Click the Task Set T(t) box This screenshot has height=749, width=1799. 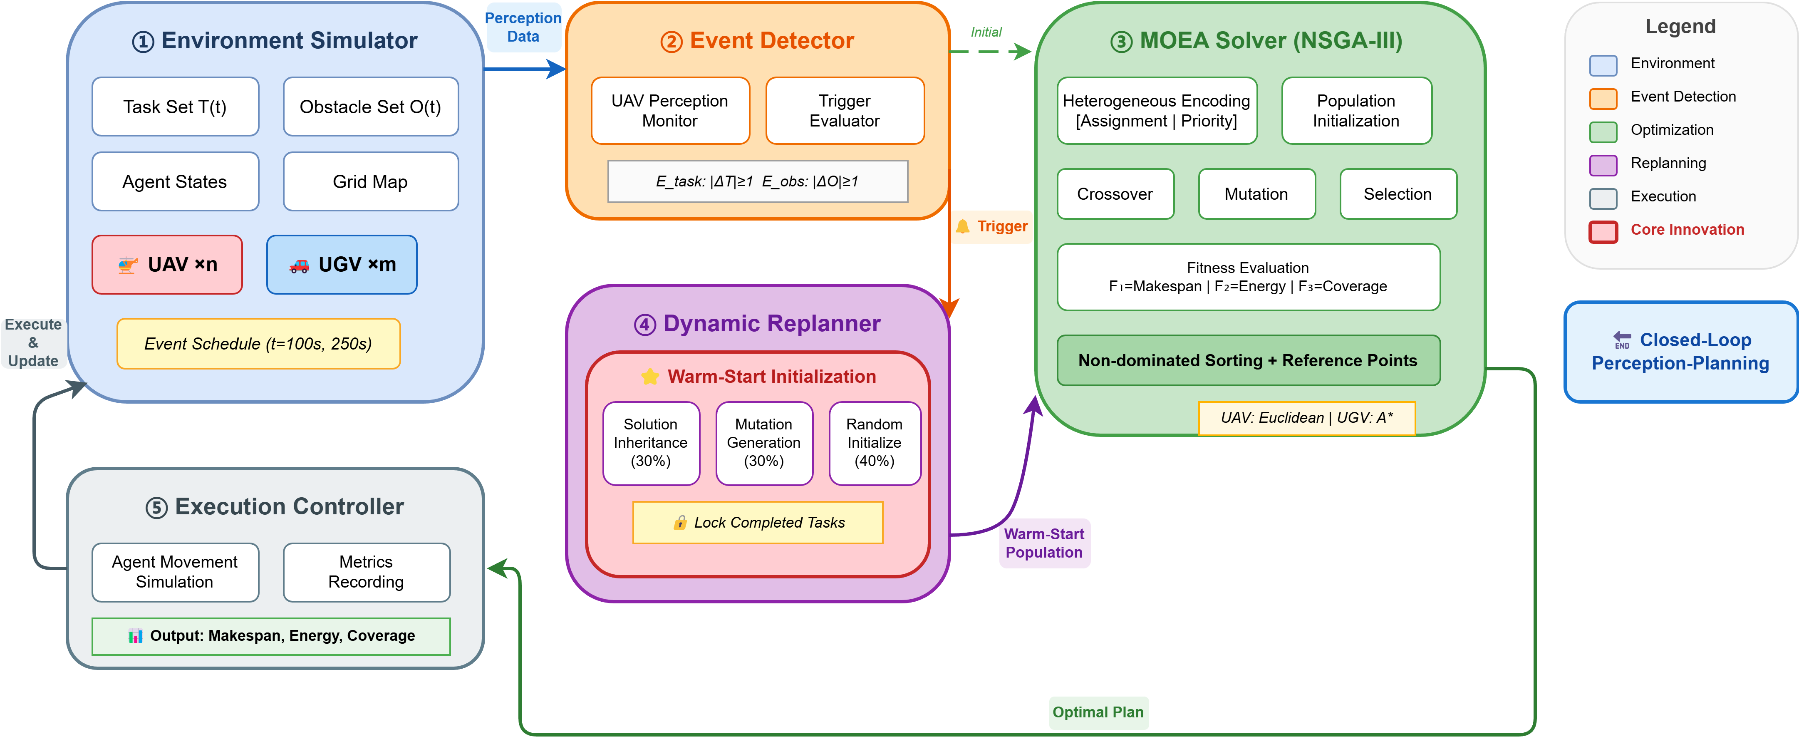point(175,107)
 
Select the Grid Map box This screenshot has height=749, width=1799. point(370,182)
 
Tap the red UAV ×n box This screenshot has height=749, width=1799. point(167,265)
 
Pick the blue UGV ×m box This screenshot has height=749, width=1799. point(342,265)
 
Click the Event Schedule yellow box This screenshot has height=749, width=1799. point(258,344)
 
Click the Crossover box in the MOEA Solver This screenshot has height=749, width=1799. point(1115,194)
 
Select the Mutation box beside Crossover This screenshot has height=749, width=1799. point(1256,194)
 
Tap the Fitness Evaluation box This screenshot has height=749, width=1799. point(1248,278)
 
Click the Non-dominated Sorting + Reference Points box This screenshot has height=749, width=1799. point(1248,360)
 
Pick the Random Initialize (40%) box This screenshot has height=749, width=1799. point(875,443)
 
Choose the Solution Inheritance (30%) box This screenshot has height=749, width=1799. point(651,443)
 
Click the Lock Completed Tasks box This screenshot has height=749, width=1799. point(758,523)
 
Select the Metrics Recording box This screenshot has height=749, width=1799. point(367,572)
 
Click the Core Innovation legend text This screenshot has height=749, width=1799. point(1687,230)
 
